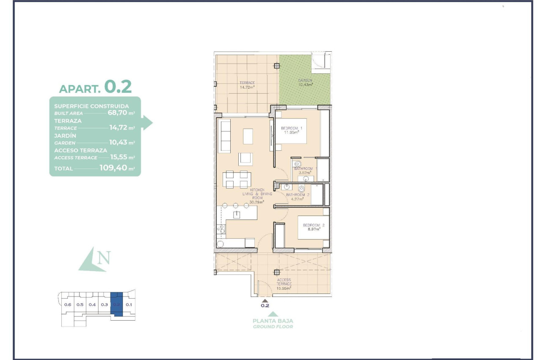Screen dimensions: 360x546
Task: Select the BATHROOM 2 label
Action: click(298, 195)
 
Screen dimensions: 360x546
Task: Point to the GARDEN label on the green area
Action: click(305, 80)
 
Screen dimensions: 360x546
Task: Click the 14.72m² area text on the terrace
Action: click(247, 87)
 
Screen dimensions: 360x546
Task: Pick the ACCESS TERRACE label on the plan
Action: click(284, 282)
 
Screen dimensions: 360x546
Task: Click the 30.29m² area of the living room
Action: click(257, 202)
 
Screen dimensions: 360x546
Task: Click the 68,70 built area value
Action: click(117, 113)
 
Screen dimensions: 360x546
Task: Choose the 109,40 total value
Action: click(113, 168)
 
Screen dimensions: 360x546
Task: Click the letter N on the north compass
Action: click(103, 258)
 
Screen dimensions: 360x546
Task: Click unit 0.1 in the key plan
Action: click(129, 305)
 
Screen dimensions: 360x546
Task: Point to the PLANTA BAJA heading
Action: click(273, 321)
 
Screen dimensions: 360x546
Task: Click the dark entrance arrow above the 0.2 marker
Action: click(265, 300)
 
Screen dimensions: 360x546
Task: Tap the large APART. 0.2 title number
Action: click(118, 86)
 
